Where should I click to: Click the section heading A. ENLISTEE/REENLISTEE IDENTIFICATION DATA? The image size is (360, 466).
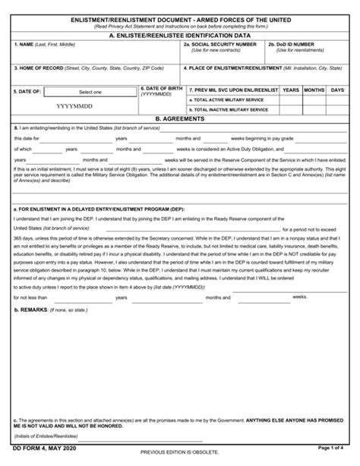click(x=181, y=35)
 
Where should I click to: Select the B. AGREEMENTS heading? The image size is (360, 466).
click(x=180, y=119)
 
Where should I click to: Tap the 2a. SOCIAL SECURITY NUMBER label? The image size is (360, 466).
click(x=221, y=45)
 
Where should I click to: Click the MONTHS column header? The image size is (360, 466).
click(x=314, y=90)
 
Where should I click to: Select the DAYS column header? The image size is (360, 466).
click(x=337, y=90)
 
